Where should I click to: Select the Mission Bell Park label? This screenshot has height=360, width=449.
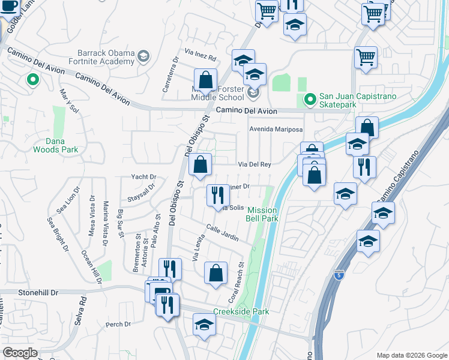click(x=262, y=214)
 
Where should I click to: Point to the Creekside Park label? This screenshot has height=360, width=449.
click(x=241, y=311)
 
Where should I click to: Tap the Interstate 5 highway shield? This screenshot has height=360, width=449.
click(x=339, y=275)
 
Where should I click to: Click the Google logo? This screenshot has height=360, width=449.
click(x=20, y=353)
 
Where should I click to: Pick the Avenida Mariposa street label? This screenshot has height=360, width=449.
click(x=276, y=129)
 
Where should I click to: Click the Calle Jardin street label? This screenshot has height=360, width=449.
click(x=222, y=233)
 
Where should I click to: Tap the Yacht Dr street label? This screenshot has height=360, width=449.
click(x=143, y=177)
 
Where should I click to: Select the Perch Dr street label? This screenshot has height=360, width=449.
click(x=118, y=325)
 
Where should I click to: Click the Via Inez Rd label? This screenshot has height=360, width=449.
click(x=200, y=56)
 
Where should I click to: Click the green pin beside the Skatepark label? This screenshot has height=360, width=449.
click(x=310, y=99)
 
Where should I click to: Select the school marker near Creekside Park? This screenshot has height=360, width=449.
click(x=204, y=326)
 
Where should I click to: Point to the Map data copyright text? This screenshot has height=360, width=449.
click(x=411, y=355)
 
